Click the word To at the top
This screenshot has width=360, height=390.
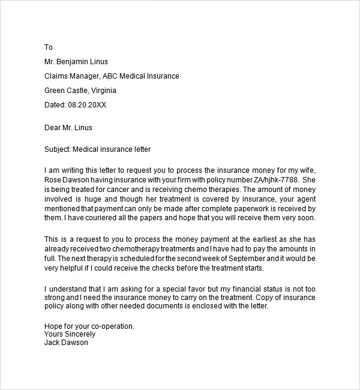pos(49,47)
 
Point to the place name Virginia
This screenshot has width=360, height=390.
pos(103,91)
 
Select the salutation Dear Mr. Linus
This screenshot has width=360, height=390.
pos(68,127)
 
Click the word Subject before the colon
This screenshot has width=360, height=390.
pos(58,149)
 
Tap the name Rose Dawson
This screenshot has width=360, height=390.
pos(68,179)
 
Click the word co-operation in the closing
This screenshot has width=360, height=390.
pos(112,326)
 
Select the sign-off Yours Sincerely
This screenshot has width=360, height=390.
pos(70,334)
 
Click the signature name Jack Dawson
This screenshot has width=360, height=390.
pos(66,343)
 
